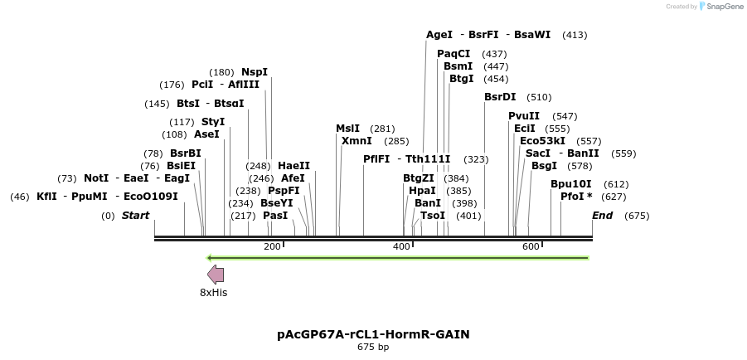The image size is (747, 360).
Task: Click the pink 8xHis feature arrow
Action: tap(216, 274)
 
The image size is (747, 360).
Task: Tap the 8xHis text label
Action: tap(213, 292)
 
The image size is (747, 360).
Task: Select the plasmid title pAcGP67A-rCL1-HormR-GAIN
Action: tap(373, 334)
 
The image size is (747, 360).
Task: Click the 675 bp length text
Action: tap(373, 347)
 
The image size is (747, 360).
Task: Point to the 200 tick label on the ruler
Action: tap(272, 246)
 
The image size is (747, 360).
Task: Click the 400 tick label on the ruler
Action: tap(401, 246)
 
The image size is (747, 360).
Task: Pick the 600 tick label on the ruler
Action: tap(531, 246)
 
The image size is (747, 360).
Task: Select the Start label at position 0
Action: tap(135, 216)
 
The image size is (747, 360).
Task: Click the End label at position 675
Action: tap(602, 216)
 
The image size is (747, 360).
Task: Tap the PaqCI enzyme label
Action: tap(454, 54)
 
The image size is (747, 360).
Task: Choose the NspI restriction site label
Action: tap(255, 72)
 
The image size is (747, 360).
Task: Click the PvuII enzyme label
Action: tap(524, 116)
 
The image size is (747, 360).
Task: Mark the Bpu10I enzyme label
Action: tap(571, 184)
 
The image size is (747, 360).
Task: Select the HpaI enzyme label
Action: tap(422, 190)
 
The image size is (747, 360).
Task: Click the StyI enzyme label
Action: tap(213, 122)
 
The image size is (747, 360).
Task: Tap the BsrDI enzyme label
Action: tap(500, 97)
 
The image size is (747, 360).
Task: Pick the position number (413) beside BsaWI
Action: tap(575, 35)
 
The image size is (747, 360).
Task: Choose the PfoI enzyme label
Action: tap(573, 197)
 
